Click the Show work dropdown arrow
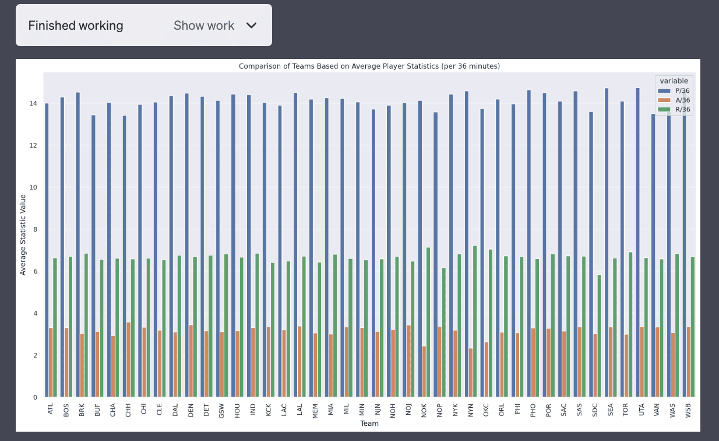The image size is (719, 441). (252, 26)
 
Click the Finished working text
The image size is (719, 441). (76, 26)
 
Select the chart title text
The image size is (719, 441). (369, 66)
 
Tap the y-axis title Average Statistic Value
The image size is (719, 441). (23, 235)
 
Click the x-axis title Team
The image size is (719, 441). (369, 423)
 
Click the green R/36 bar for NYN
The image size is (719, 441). (475, 321)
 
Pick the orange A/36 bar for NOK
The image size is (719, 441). (424, 372)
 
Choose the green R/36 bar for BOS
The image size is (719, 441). (71, 327)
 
